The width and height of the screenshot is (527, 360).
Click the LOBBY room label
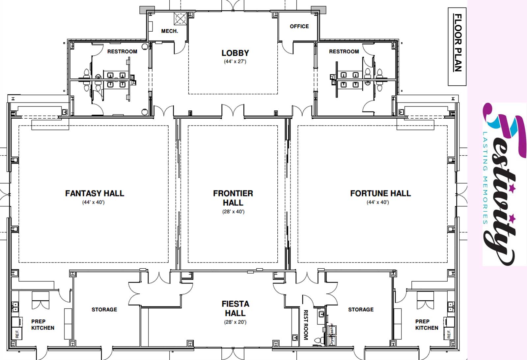click(x=235, y=53)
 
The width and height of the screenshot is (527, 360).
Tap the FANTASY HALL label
click(x=95, y=193)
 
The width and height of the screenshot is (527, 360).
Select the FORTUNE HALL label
click(x=380, y=193)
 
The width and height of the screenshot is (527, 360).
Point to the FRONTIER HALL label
click(x=233, y=198)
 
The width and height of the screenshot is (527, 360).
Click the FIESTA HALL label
click(x=235, y=309)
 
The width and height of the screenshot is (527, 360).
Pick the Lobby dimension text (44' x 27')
click(x=235, y=62)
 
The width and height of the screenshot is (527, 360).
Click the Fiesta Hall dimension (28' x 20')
click(x=235, y=322)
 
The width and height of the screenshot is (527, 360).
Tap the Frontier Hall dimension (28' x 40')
click(x=234, y=212)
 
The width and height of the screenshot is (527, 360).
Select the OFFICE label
click(x=299, y=26)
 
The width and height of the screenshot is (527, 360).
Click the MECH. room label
click(x=170, y=31)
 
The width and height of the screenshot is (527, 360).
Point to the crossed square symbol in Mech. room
click(x=180, y=18)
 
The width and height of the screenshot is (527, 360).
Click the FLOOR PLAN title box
click(x=457, y=46)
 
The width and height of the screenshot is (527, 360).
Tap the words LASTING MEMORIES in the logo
click(x=485, y=178)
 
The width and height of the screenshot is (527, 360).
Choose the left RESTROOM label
click(x=122, y=51)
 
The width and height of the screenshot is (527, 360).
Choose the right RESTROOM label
click(x=344, y=51)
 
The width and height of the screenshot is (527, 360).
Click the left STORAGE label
click(x=104, y=310)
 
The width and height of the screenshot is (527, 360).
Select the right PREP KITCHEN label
click(x=427, y=325)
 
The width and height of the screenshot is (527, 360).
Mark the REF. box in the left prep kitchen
click(x=17, y=334)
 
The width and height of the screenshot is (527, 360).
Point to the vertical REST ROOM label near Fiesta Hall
click(x=306, y=325)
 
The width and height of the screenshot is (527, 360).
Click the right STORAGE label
click(x=361, y=310)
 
